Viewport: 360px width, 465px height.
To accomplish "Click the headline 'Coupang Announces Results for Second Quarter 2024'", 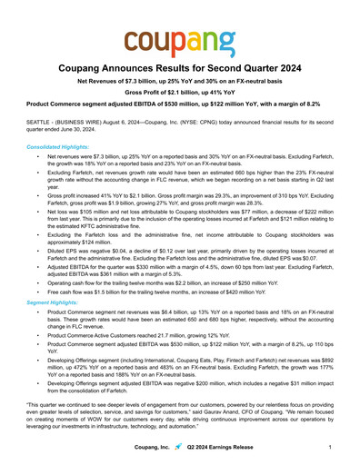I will tap(180, 69).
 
